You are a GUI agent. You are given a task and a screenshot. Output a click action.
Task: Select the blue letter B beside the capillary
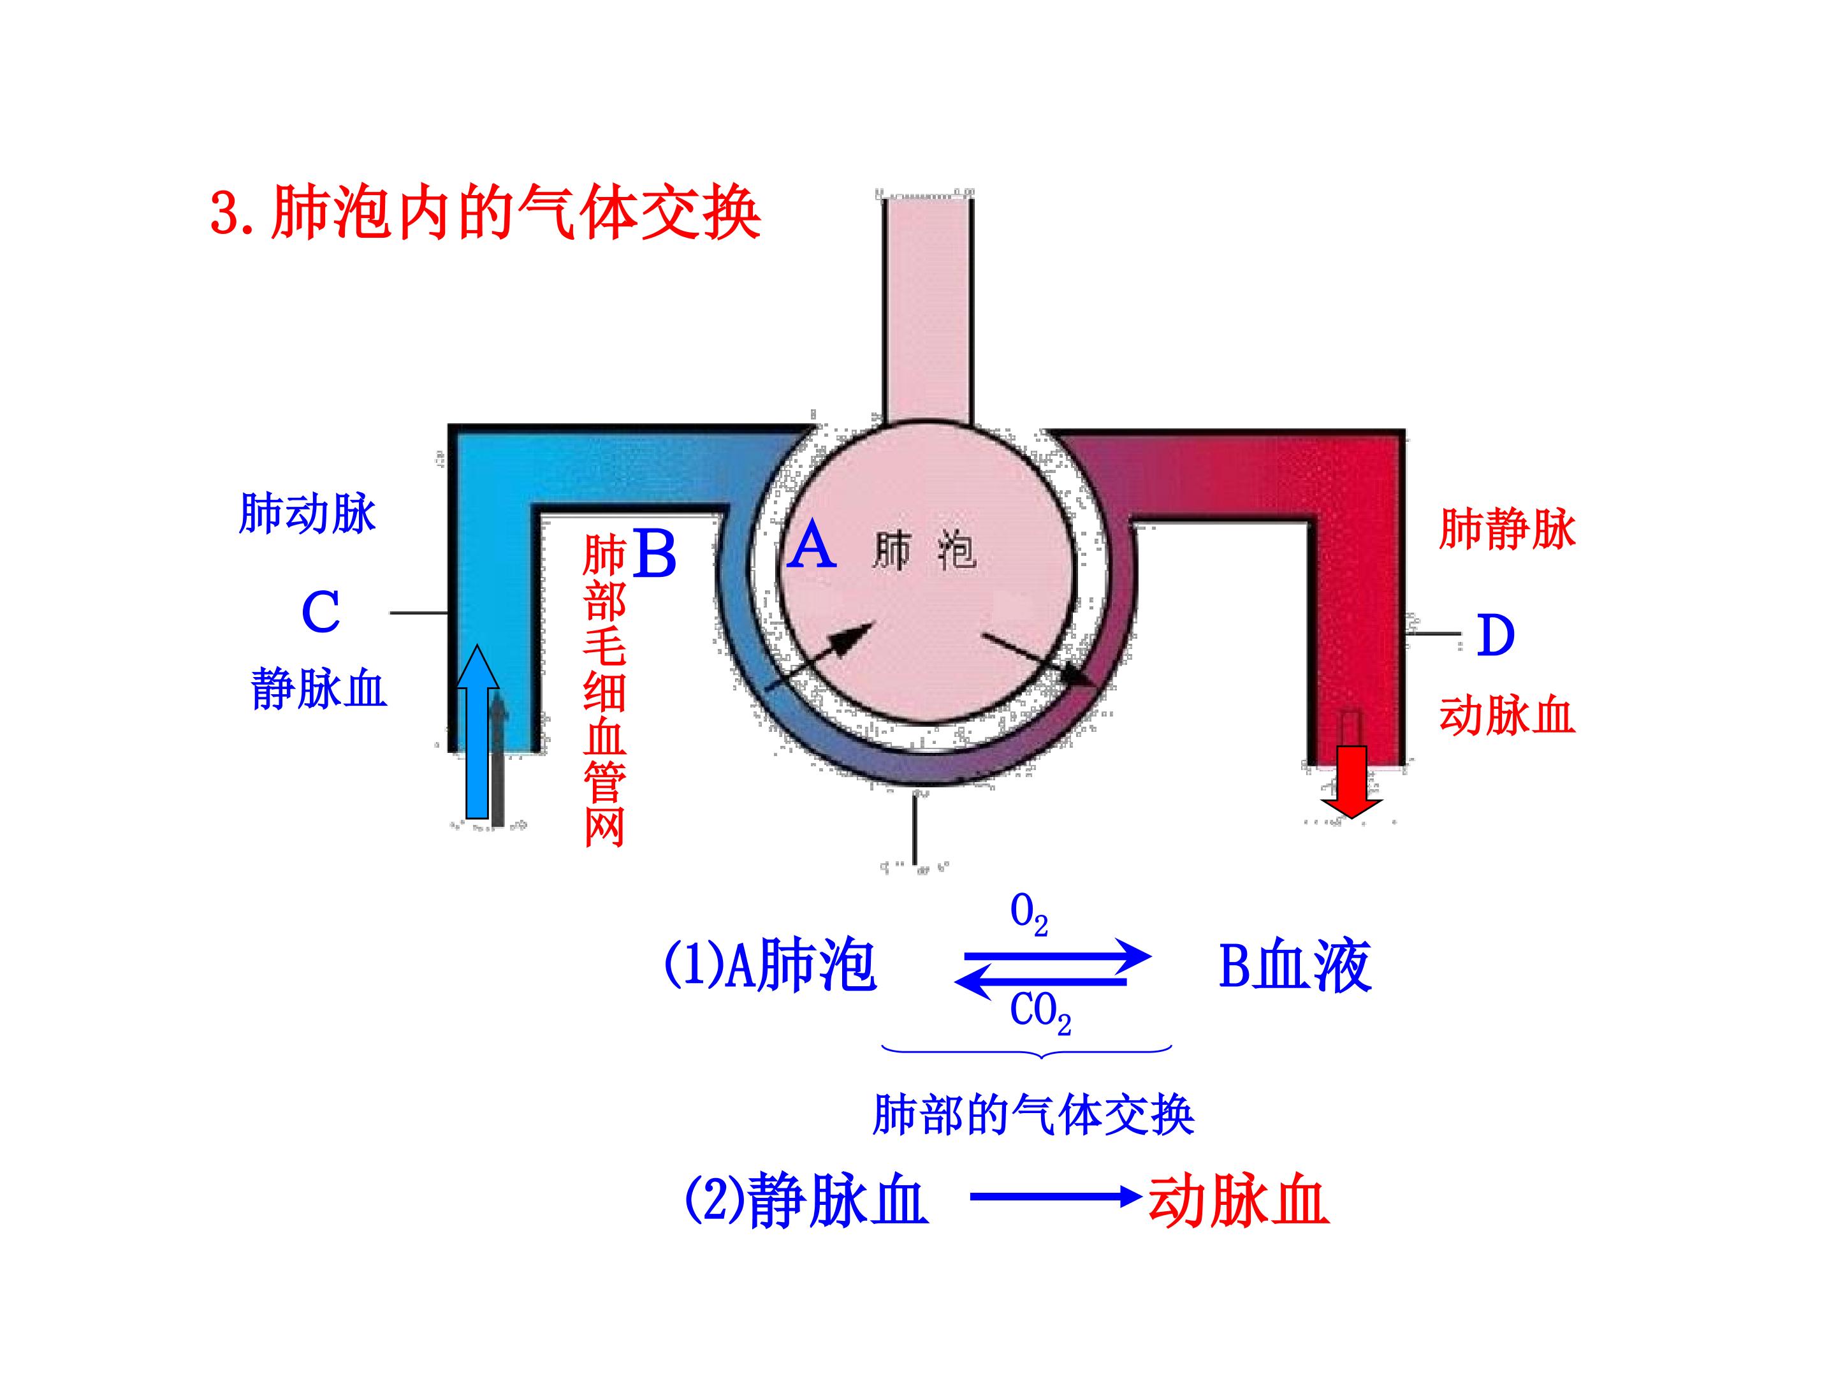654,555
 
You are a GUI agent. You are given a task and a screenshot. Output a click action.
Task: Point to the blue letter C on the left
321,613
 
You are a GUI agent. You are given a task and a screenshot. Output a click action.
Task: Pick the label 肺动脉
307,514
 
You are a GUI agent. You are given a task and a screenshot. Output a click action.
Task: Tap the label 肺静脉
1506,530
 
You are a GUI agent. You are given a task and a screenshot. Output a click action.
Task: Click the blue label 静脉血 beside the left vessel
319,689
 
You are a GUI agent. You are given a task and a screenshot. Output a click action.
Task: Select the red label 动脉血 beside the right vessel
1506,715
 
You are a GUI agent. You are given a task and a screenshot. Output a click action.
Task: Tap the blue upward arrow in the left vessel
477,731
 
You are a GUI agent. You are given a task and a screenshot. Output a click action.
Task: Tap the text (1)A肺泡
769,965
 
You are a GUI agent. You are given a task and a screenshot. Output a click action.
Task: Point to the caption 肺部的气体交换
1033,1115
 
